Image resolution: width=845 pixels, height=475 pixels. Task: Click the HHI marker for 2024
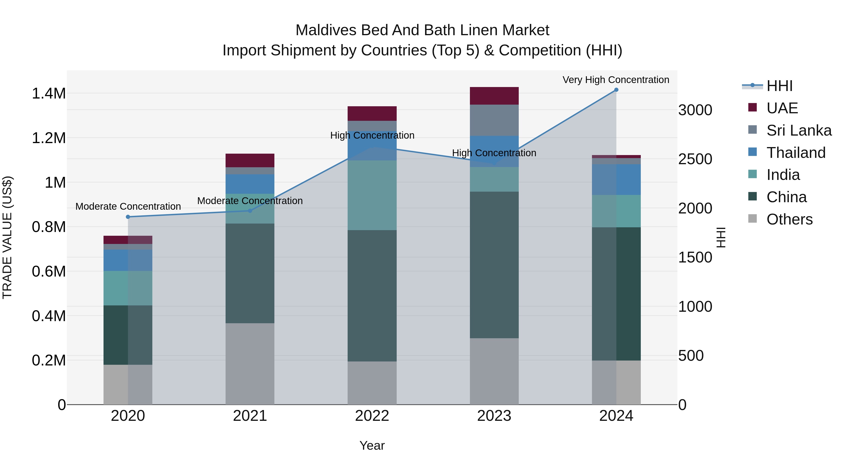(x=616, y=90)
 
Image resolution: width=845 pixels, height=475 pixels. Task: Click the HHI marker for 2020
(x=128, y=217)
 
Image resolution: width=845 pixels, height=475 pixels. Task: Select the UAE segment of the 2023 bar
(x=494, y=96)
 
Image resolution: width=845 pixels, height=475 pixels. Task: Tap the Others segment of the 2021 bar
(x=250, y=364)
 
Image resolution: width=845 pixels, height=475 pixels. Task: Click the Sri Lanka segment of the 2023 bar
(x=494, y=120)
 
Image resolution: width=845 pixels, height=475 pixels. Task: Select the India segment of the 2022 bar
(x=372, y=195)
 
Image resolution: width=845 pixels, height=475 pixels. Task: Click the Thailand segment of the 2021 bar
(x=250, y=184)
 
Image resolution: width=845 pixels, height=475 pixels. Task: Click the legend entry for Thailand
(x=796, y=153)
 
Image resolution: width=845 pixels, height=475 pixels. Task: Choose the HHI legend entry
(x=779, y=86)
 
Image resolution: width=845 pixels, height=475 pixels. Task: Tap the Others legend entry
(x=789, y=219)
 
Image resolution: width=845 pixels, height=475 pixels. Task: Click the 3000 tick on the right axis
(x=695, y=110)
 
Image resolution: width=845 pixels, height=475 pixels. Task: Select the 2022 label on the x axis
(x=372, y=416)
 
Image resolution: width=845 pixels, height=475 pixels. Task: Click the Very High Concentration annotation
(x=616, y=80)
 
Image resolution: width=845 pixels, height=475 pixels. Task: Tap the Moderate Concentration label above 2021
(x=250, y=201)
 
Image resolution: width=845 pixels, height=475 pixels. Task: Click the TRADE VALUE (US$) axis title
(x=7, y=237)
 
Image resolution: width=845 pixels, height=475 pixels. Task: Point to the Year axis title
(x=372, y=445)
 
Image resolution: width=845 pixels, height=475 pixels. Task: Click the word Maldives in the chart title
(x=325, y=30)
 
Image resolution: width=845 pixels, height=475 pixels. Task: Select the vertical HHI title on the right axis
(x=721, y=237)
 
